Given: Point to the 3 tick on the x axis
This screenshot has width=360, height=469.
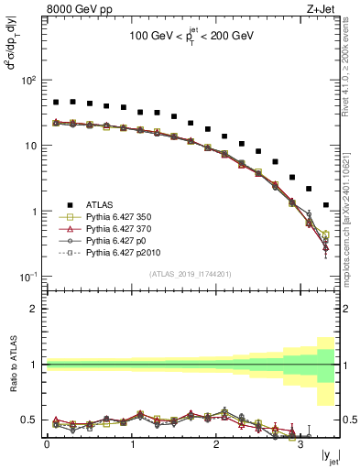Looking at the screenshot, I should [298, 446].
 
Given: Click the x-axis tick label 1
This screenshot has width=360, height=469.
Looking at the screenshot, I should [130, 446].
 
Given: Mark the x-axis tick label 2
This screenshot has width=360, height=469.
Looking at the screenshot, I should [214, 446].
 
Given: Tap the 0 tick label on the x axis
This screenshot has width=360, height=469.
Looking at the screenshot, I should [47, 446].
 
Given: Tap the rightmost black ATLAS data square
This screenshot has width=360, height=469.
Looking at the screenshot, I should [326, 205].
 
